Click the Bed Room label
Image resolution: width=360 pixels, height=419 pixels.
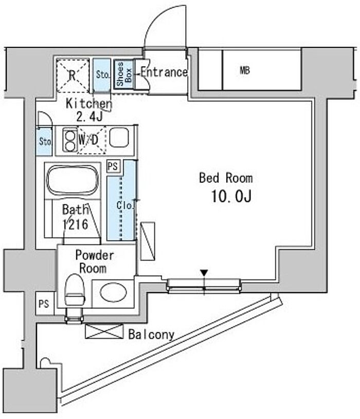226,178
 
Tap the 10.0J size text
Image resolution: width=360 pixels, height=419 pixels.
231,197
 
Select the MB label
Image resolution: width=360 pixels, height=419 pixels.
245,71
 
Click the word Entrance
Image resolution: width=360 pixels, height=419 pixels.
164,72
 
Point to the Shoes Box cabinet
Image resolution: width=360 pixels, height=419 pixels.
124,74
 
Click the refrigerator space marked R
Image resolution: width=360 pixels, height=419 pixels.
73,76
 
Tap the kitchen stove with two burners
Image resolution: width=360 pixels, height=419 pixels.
70,140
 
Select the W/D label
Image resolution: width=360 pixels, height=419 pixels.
88,139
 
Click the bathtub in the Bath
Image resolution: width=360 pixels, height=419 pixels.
73,180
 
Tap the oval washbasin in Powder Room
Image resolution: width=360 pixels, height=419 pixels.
113,292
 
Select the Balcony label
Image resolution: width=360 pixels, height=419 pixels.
151,334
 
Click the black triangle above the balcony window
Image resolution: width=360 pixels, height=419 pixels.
204,273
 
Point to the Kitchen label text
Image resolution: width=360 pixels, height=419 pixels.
88,103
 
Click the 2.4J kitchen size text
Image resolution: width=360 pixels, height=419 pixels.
89,117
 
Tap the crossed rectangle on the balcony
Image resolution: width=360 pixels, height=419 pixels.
104,331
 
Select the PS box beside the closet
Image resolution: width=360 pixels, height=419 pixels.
113,166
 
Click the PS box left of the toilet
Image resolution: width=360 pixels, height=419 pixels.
44,304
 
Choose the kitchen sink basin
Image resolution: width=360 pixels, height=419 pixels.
119,137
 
